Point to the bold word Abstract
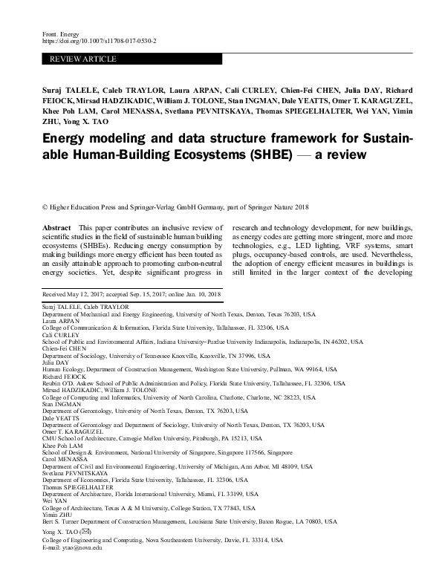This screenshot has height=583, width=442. pos(57,226)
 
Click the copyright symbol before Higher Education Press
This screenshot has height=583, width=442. pos(45,206)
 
